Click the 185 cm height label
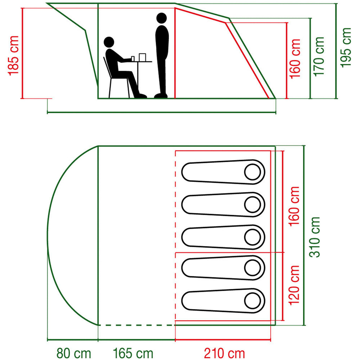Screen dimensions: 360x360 (13, 56)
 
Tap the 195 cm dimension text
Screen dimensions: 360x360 (346, 47)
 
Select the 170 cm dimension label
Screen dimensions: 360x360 (319, 57)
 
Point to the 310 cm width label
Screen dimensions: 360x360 (315, 237)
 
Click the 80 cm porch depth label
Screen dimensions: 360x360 (74, 353)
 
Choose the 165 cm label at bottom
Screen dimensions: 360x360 (133, 353)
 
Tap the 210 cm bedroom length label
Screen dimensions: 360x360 (224, 353)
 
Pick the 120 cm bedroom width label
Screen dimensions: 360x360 (294, 285)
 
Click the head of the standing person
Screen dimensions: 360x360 (161, 18)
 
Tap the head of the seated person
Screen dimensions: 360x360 (109, 42)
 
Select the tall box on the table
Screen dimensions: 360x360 (142, 57)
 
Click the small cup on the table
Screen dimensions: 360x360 (133, 59)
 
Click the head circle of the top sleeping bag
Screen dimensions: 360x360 (252, 172)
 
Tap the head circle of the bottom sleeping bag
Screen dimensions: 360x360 (252, 301)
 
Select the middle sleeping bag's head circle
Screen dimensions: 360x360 (252, 237)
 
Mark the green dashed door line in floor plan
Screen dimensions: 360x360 (136, 325)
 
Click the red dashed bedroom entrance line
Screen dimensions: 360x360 (175, 236)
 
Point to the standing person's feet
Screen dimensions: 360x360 (161, 95)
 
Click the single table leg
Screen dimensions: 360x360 (138, 76)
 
